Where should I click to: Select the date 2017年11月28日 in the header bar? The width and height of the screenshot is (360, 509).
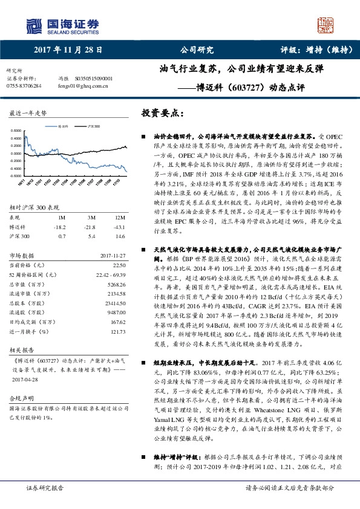click(x=68, y=50)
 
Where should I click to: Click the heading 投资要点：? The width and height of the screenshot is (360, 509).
click(x=162, y=112)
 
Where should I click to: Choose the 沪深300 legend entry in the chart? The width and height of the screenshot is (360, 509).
click(x=93, y=126)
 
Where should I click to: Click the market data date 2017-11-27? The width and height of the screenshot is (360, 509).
click(x=110, y=256)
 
